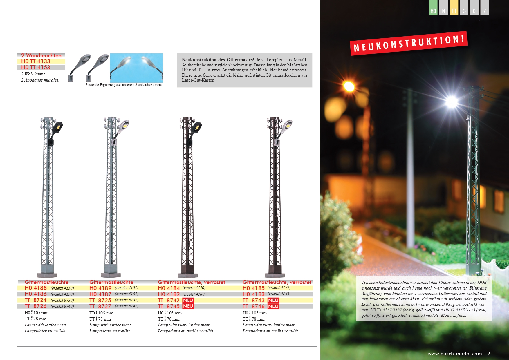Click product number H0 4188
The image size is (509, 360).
36,288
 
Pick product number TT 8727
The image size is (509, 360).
100,306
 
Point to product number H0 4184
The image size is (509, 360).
169,288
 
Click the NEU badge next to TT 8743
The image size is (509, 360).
273,300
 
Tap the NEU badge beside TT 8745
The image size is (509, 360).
188,306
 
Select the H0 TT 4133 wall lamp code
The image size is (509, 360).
36,61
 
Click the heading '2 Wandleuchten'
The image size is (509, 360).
41,55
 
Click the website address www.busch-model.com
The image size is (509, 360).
454,354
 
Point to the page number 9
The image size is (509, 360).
489,353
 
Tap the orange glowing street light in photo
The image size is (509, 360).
349,86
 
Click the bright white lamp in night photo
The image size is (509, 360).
451,101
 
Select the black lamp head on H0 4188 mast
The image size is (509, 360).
58,127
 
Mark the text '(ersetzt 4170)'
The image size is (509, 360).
194,288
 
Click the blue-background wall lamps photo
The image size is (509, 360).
136,68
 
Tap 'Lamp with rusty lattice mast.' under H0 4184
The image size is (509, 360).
184,325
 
